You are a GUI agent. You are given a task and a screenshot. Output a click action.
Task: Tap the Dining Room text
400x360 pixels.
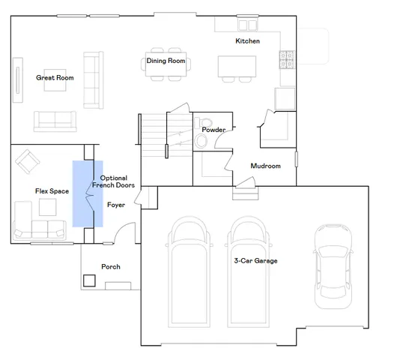[166, 61]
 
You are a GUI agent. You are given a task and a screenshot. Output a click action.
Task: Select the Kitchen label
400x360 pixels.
[247, 40]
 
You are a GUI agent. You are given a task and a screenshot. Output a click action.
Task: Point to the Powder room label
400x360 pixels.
[213, 130]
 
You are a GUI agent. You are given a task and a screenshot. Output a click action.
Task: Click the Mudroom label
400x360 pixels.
[265, 166]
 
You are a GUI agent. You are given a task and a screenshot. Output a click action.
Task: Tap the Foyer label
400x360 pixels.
[116, 204]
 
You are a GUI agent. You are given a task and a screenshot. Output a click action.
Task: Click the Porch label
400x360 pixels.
[111, 267]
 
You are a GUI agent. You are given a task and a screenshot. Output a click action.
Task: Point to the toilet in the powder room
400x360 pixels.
[201, 126]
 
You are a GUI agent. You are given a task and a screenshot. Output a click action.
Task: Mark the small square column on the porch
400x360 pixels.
[89, 280]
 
